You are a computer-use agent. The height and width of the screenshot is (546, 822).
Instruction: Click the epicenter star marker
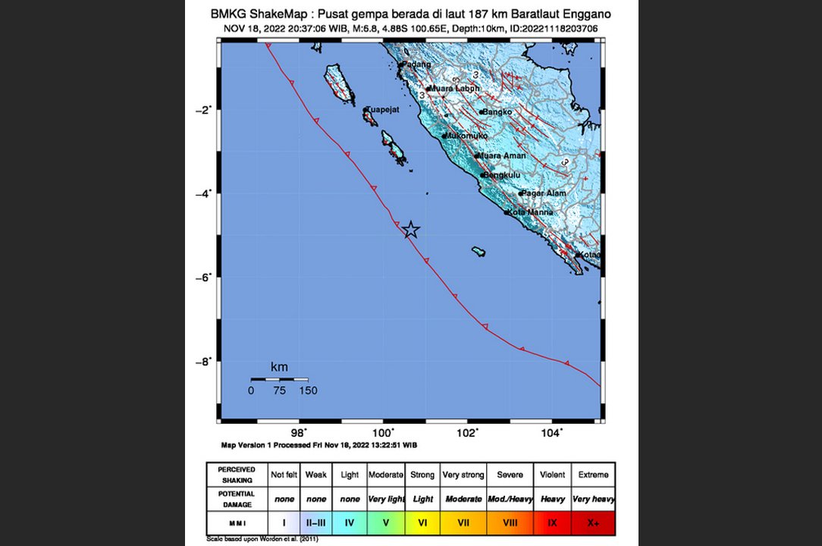[410, 230]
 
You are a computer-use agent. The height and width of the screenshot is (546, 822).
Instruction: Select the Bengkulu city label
[502, 175]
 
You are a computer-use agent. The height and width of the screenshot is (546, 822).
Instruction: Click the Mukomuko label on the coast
[465, 136]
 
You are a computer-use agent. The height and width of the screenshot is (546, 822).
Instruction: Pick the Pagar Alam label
[544, 193]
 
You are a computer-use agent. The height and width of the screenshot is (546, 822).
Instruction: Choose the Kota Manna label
[530, 212]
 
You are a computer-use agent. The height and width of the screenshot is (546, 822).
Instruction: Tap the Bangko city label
[497, 112]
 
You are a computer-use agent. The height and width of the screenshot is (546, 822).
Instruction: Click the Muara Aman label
[503, 156]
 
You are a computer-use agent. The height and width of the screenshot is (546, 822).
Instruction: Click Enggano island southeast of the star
[478, 252]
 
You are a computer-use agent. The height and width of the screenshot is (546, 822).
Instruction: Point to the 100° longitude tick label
[384, 433]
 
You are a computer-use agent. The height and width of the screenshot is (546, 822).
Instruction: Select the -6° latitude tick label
[203, 278]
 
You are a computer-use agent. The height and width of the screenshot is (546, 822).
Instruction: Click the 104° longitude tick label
[552, 433]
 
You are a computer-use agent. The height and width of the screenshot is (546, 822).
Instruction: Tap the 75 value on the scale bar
[279, 391]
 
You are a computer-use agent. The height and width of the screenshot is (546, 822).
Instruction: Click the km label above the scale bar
[279, 368]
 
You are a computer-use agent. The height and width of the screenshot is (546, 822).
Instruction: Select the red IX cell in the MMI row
[552, 523]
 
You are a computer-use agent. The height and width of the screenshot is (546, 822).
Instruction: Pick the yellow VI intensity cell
[422, 523]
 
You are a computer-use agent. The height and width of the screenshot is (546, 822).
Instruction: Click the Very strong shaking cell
[463, 475]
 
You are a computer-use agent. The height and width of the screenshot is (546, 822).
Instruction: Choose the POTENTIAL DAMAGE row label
[237, 499]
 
